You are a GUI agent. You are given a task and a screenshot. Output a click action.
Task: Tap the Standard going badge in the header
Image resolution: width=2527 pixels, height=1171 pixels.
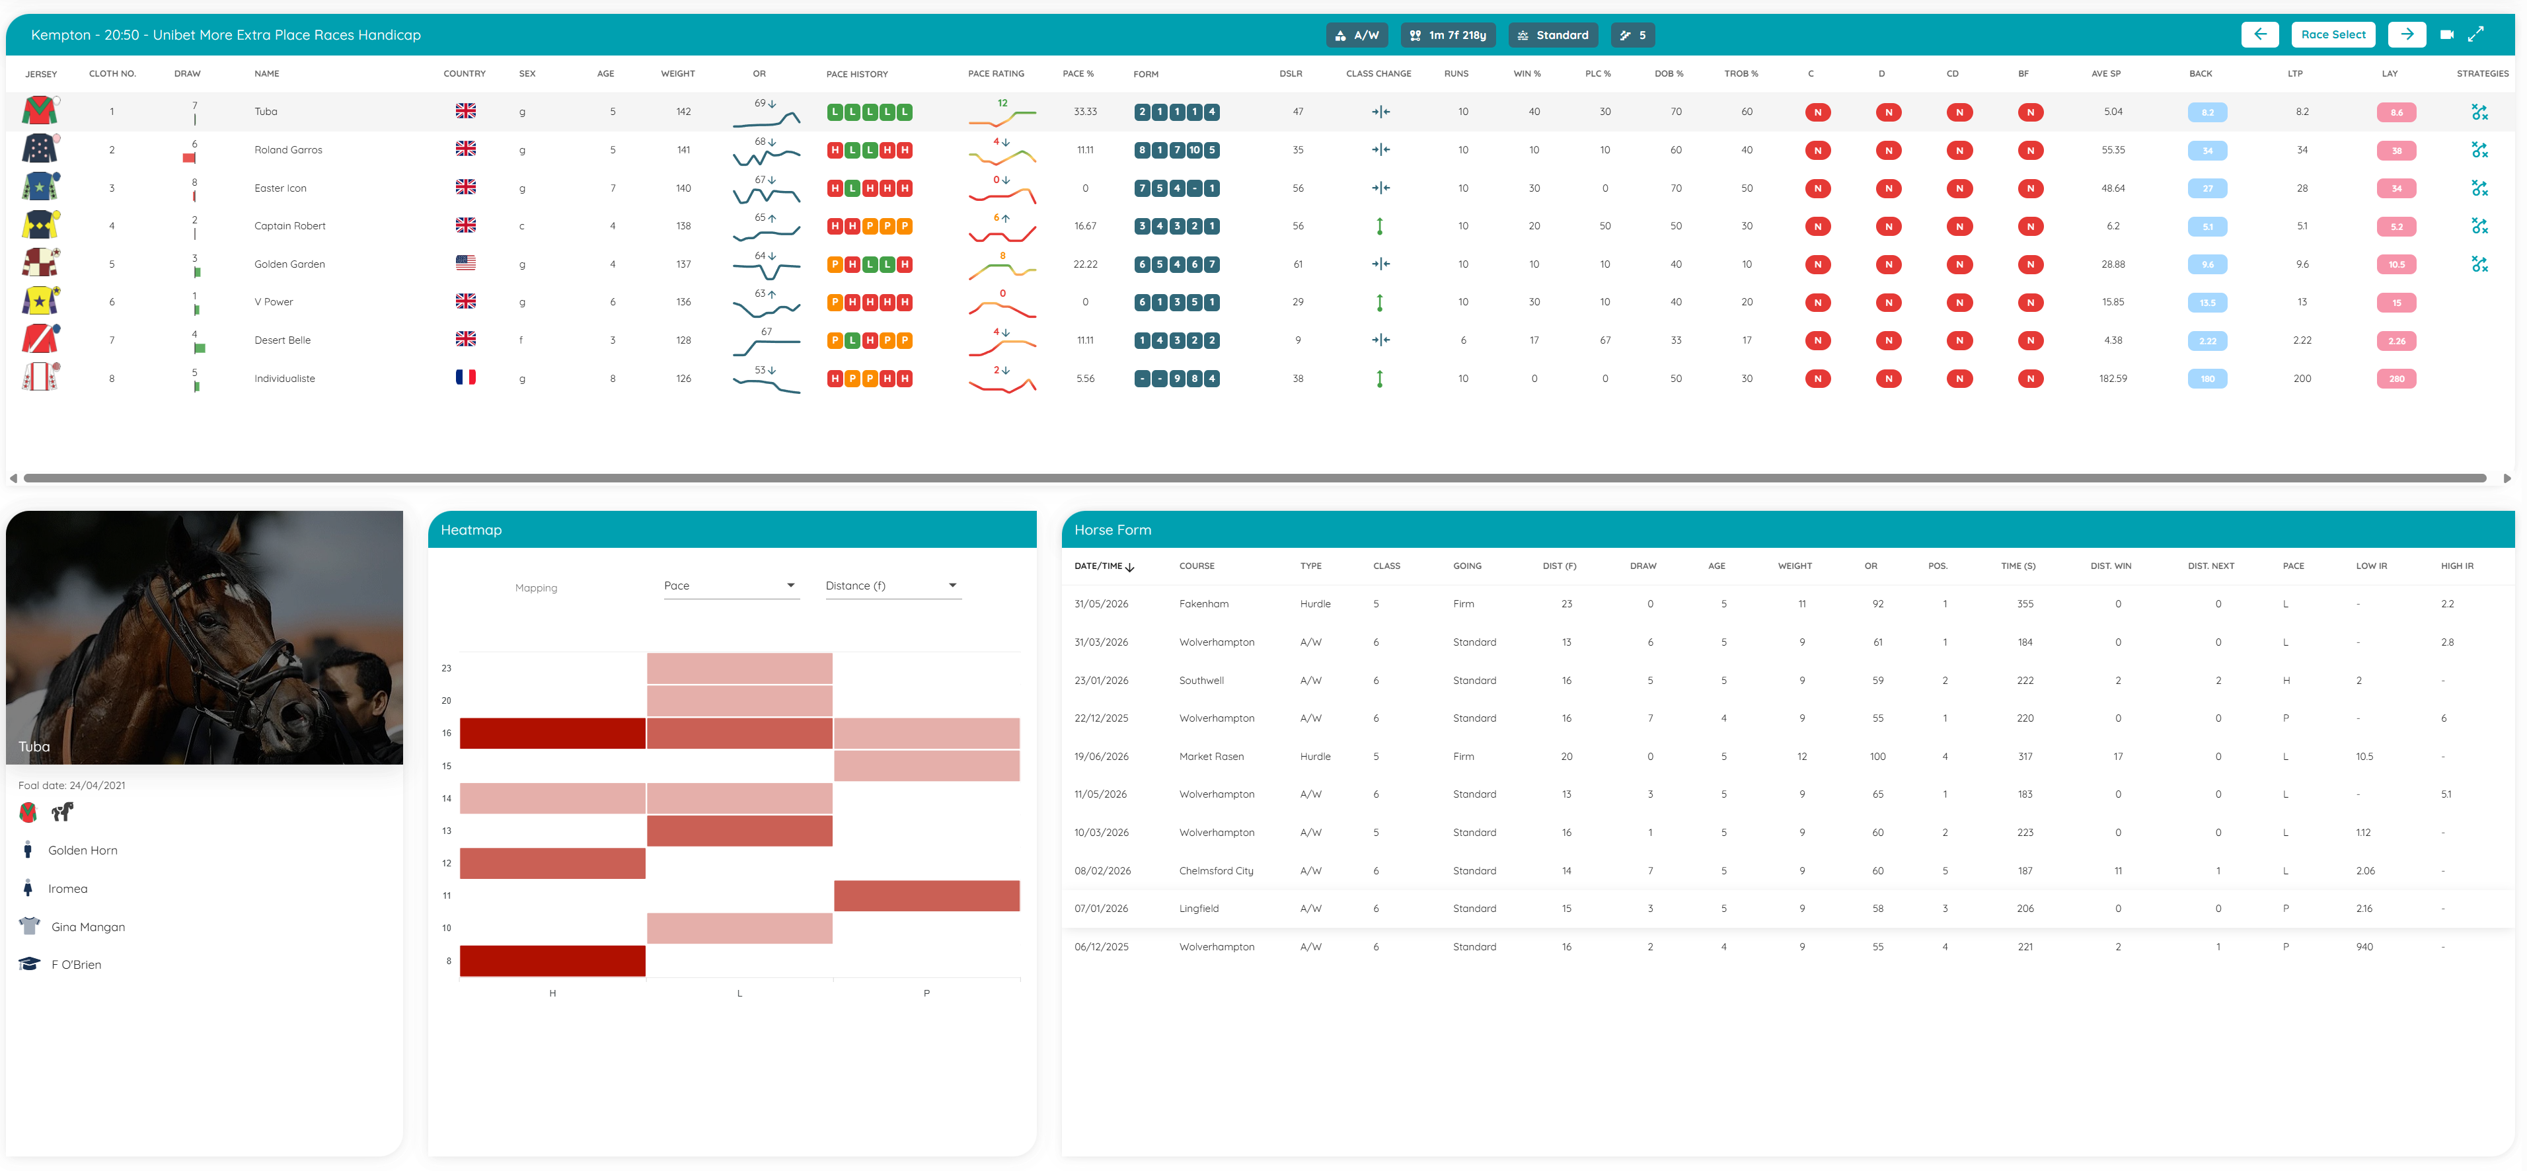pos(1553,35)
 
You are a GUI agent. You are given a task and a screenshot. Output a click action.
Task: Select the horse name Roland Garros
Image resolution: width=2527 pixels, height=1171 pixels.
pos(288,150)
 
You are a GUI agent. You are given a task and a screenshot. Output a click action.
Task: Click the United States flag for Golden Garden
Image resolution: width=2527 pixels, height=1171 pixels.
pos(466,263)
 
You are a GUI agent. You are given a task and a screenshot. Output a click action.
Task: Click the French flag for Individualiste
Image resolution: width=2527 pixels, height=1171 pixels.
pos(466,377)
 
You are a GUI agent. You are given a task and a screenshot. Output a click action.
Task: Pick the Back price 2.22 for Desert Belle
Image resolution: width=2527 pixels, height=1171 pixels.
pos(2207,341)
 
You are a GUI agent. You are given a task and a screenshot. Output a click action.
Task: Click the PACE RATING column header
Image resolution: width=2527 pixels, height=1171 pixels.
pos(996,73)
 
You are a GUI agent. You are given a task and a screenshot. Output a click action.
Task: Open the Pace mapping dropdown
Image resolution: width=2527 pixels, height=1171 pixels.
pos(730,585)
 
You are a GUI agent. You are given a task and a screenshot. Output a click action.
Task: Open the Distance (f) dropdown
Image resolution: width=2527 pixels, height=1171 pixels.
pos(891,585)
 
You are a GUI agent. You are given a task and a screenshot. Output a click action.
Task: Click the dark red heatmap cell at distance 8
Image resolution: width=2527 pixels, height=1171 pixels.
pos(552,961)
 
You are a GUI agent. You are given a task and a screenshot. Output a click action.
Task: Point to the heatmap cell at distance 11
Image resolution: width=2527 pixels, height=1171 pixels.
pos(926,895)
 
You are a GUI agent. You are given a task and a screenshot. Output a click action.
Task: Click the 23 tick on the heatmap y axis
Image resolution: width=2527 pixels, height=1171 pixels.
pos(446,668)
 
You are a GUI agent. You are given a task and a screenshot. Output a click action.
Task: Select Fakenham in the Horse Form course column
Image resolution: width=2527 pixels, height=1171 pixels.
pos(1203,604)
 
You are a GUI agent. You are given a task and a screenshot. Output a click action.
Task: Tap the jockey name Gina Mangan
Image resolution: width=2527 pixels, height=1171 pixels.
pos(89,926)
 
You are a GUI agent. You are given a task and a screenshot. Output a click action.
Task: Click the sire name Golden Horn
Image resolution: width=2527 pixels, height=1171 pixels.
pos(83,850)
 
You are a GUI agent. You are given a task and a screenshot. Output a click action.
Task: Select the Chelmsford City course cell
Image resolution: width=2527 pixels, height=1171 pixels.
pos(1217,871)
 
